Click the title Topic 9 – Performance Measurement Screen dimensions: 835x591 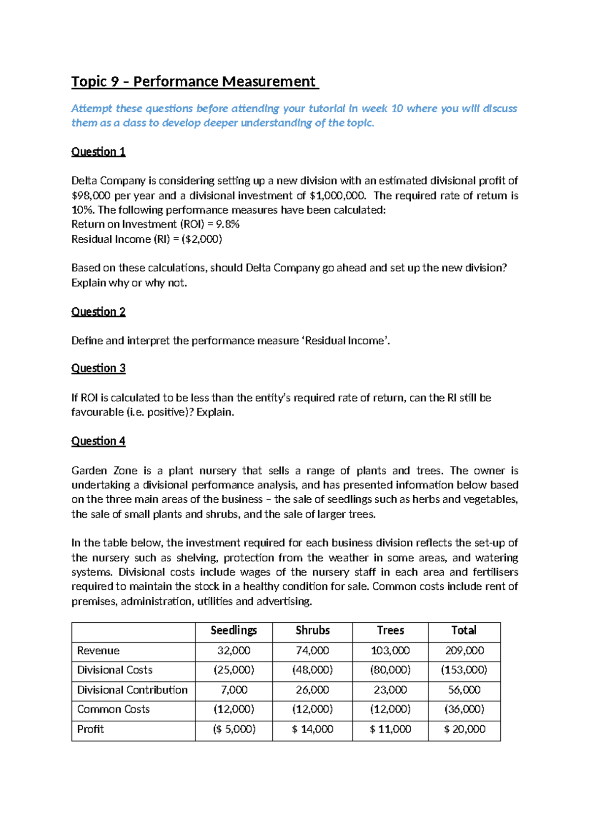[x=195, y=81]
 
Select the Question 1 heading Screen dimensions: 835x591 [x=98, y=152]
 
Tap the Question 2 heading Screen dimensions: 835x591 [x=98, y=312]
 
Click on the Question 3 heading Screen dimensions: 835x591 [x=98, y=368]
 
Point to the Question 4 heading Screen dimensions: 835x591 [x=98, y=441]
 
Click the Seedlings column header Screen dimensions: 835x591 [x=233, y=631]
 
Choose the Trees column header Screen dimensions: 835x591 [x=390, y=631]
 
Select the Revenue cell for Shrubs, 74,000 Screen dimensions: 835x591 [x=312, y=651]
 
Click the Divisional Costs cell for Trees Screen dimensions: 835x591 [x=390, y=670]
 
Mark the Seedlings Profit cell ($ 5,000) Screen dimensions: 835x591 [x=234, y=729]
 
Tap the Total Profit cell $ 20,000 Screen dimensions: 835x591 [x=464, y=729]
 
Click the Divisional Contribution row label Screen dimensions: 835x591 [x=132, y=690]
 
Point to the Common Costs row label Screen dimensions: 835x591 [x=113, y=709]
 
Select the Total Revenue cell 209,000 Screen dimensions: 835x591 [x=464, y=651]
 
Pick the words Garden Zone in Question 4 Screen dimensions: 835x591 [x=104, y=471]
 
